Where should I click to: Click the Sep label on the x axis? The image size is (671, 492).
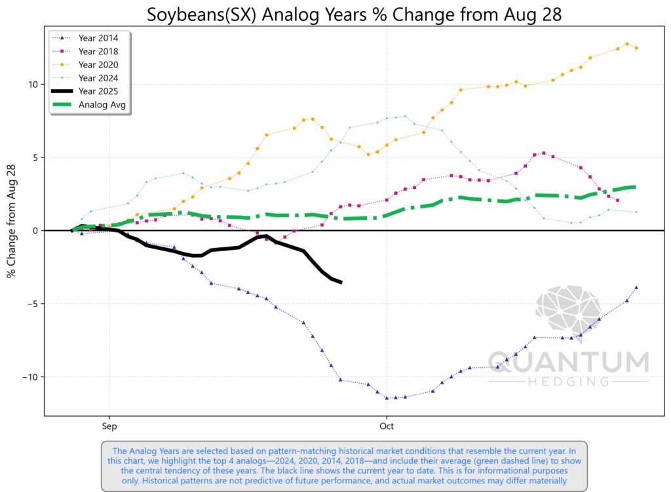109,425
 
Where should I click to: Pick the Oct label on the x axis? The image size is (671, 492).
387,425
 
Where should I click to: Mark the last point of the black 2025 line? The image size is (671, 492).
341,282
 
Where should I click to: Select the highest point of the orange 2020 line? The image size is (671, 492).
627,44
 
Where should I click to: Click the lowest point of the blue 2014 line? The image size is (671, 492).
387,398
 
